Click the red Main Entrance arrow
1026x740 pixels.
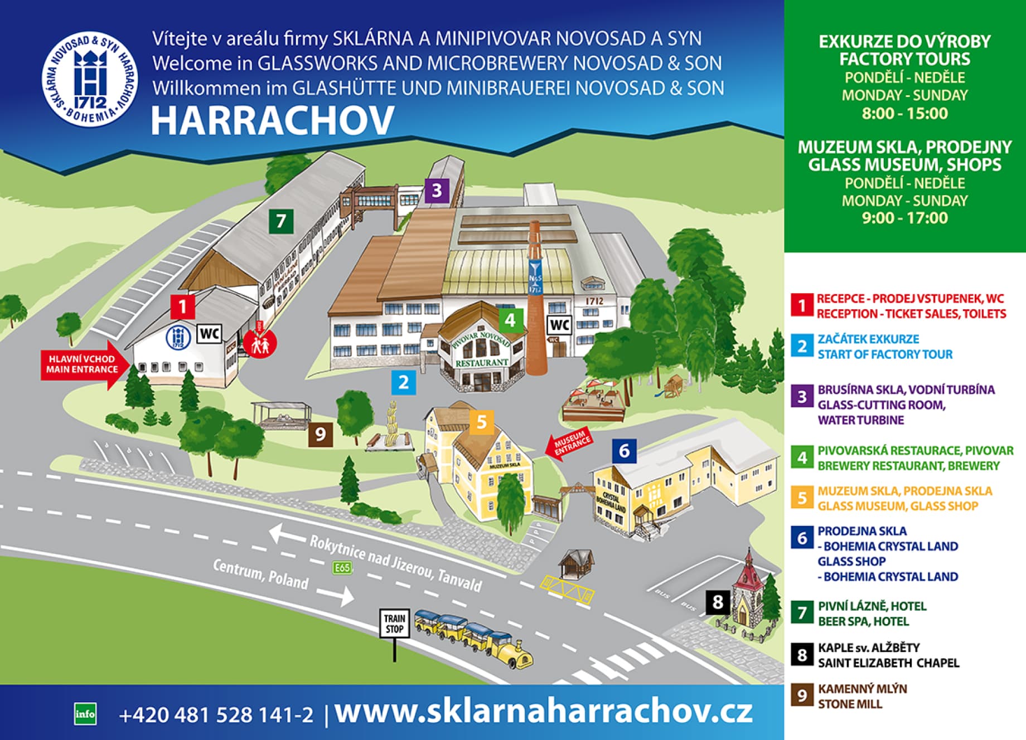click(x=84, y=365)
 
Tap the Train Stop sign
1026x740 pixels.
click(x=395, y=624)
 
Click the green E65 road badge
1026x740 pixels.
click(x=342, y=568)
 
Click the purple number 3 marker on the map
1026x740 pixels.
click(x=437, y=191)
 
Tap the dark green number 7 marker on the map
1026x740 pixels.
click(x=281, y=221)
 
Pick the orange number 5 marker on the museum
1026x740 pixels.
click(x=482, y=422)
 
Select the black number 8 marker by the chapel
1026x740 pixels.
click(x=718, y=602)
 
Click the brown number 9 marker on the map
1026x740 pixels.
click(x=321, y=434)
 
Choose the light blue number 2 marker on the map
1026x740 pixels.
click(x=403, y=382)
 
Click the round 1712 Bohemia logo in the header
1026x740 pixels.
click(x=90, y=79)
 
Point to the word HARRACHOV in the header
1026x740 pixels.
click(x=273, y=120)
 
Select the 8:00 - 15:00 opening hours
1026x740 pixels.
click(x=904, y=114)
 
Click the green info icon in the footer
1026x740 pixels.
click(x=85, y=714)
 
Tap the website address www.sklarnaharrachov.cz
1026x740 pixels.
click(x=544, y=712)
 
